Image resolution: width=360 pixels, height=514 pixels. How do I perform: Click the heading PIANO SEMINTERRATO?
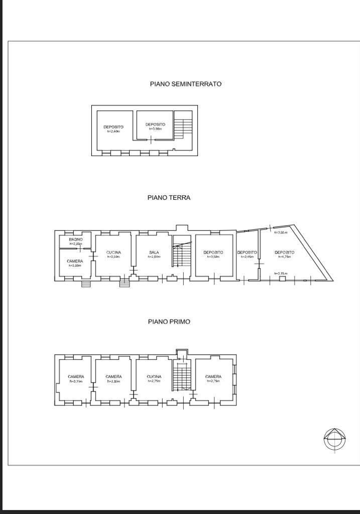coord(185,84)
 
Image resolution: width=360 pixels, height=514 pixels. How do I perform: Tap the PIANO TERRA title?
coord(169,198)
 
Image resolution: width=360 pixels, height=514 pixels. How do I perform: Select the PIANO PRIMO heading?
coord(169,322)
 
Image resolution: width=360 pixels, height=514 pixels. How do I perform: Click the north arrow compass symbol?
coord(334,440)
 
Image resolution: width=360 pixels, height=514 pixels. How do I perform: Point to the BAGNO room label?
coord(76,239)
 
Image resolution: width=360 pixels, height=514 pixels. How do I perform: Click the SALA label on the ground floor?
coord(154,252)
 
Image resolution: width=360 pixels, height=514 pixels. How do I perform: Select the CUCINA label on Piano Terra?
coord(113,252)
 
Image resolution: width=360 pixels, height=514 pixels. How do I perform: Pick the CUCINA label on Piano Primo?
coord(154,376)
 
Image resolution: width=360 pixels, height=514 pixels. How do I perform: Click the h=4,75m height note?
coord(284,257)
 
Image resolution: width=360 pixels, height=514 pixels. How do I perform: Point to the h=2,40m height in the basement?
coord(113,132)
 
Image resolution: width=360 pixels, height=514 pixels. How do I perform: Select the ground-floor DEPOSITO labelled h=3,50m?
coord(213,252)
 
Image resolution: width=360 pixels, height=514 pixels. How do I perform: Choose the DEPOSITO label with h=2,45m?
coord(247,252)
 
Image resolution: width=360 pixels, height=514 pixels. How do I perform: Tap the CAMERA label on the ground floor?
coord(75,262)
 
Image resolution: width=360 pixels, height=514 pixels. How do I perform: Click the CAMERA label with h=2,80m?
coord(113,376)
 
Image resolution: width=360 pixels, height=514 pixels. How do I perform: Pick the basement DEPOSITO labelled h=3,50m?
coord(155,124)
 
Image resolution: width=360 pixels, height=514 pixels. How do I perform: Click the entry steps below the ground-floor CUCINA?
coord(125,284)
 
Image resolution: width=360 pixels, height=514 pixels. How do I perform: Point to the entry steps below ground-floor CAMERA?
coord(86,284)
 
